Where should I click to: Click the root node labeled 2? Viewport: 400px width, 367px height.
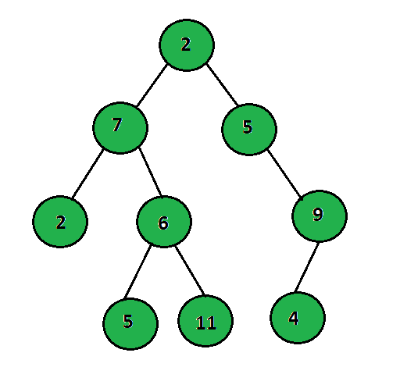(x=187, y=45)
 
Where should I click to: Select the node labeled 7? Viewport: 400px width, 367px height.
(x=120, y=128)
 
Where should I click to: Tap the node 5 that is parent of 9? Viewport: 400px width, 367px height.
(x=249, y=130)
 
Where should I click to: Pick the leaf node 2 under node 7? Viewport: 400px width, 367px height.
(x=60, y=222)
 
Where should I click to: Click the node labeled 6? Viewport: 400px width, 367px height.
(x=164, y=222)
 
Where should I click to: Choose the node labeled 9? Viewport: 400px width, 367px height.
(x=320, y=216)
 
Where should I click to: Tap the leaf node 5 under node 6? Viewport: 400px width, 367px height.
(x=130, y=324)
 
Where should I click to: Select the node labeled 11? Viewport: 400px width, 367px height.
(x=205, y=321)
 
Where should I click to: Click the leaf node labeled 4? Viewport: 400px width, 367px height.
(x=298, y=318)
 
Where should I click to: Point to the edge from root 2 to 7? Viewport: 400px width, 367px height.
(x=152, y=85)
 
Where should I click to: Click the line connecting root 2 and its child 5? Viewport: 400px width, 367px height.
(x=222, y=85)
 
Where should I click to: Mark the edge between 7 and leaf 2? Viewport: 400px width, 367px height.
(x=87, y=173)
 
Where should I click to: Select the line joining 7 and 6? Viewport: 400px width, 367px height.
(x=150, y=172)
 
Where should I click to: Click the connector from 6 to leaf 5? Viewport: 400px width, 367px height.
(x=137, y=272)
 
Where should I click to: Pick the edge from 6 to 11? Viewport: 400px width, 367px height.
(x=190, y=270)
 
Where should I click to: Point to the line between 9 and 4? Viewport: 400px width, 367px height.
(x=306, y=267)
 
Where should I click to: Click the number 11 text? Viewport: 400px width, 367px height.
(x=205, y=322)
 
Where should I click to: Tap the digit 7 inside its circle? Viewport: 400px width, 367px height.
(x=117, y=124)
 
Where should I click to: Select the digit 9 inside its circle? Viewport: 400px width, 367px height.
(x=318, y=214)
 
